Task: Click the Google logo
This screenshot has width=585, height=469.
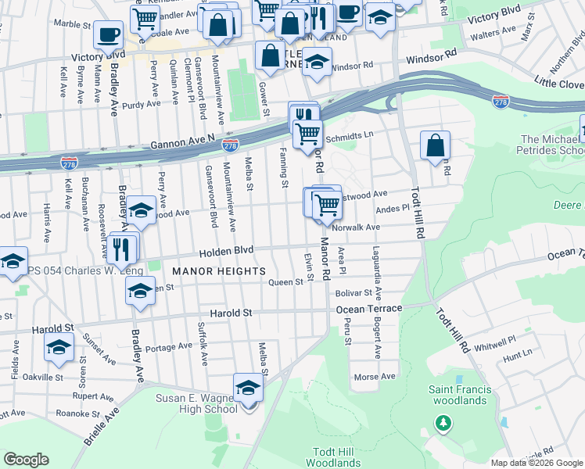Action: point(26,460)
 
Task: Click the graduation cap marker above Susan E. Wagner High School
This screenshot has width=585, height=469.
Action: point(248,388)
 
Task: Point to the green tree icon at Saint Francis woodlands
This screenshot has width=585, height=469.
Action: point(443,424)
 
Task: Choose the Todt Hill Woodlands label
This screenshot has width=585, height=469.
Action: point(336,457)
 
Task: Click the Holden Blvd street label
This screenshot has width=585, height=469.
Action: point(227,252)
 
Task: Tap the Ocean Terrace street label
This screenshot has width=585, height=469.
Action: point(368,310)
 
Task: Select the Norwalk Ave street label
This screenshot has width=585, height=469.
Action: point(355,227)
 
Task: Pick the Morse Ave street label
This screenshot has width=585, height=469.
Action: point(375,377)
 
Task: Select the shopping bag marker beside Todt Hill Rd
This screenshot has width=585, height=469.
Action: point(435,145)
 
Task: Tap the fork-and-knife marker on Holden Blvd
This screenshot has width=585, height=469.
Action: point(120,248)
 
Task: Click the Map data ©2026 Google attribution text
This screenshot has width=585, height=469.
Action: point(536,462)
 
